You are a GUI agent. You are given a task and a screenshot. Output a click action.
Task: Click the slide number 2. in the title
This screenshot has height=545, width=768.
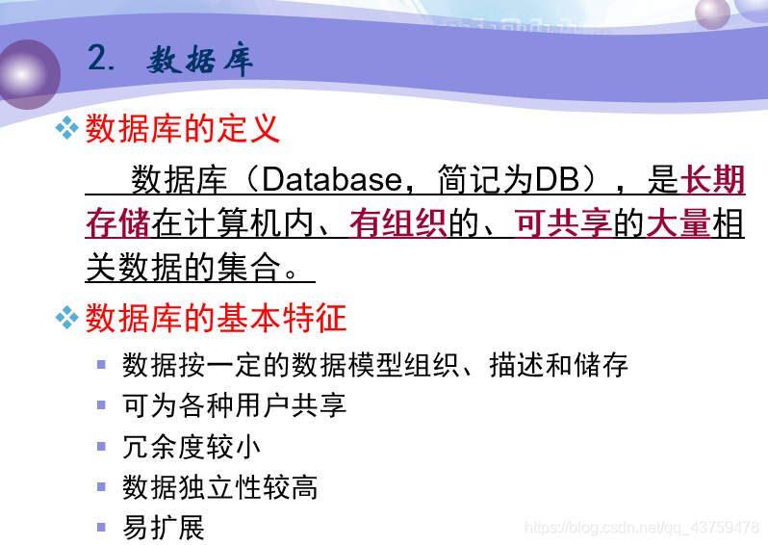point(101,58)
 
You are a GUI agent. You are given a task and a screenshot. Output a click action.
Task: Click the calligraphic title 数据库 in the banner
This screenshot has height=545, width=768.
point(199,61)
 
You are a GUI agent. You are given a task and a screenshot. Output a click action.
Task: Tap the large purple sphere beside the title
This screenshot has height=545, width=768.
point(29,74)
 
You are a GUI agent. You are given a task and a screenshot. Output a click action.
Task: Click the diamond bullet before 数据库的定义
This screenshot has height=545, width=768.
point(67,128)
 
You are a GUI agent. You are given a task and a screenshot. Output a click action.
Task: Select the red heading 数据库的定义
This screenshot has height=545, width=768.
point(183,128)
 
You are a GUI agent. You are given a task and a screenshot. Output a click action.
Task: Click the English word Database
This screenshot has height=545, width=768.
point(332,179)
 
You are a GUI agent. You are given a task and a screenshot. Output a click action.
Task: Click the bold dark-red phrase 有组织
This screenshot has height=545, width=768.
point(398,223)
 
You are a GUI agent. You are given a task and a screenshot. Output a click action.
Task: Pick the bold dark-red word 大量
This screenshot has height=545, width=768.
point(678,223)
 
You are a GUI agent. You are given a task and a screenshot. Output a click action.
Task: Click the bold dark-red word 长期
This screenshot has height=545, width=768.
point(712,179)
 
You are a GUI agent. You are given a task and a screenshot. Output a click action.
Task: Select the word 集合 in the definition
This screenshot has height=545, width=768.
point(249,267)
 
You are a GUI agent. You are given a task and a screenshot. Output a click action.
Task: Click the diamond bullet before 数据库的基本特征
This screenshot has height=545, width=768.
point(67,318)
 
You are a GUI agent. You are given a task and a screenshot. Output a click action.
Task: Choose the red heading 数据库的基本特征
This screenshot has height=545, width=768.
point(216,318)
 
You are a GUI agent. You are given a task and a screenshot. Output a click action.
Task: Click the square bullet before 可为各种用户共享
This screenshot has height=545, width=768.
point(101,405)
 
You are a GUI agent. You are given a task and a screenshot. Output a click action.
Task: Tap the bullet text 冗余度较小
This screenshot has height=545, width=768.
point(192,447)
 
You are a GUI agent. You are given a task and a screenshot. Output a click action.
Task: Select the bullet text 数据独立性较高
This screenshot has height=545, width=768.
point(220,487)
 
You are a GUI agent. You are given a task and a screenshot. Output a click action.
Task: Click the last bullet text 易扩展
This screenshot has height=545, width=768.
point(164,528)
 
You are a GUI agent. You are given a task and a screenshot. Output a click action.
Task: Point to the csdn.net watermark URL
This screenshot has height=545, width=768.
point(642,528)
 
